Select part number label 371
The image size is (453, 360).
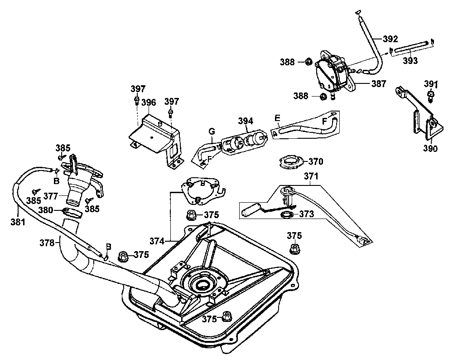pos(311,176)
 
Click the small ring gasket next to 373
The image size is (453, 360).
pos(287,214)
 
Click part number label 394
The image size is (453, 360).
pos(246,121)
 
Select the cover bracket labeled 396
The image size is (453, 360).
pos(154,134)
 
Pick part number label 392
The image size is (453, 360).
pos(390,39)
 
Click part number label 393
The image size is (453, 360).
pos(410,61)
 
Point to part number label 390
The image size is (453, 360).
pos(431,148)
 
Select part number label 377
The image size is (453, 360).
pos(52,197)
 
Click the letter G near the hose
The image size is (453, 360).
pos(211,132)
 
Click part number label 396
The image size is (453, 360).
pos(149,102)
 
